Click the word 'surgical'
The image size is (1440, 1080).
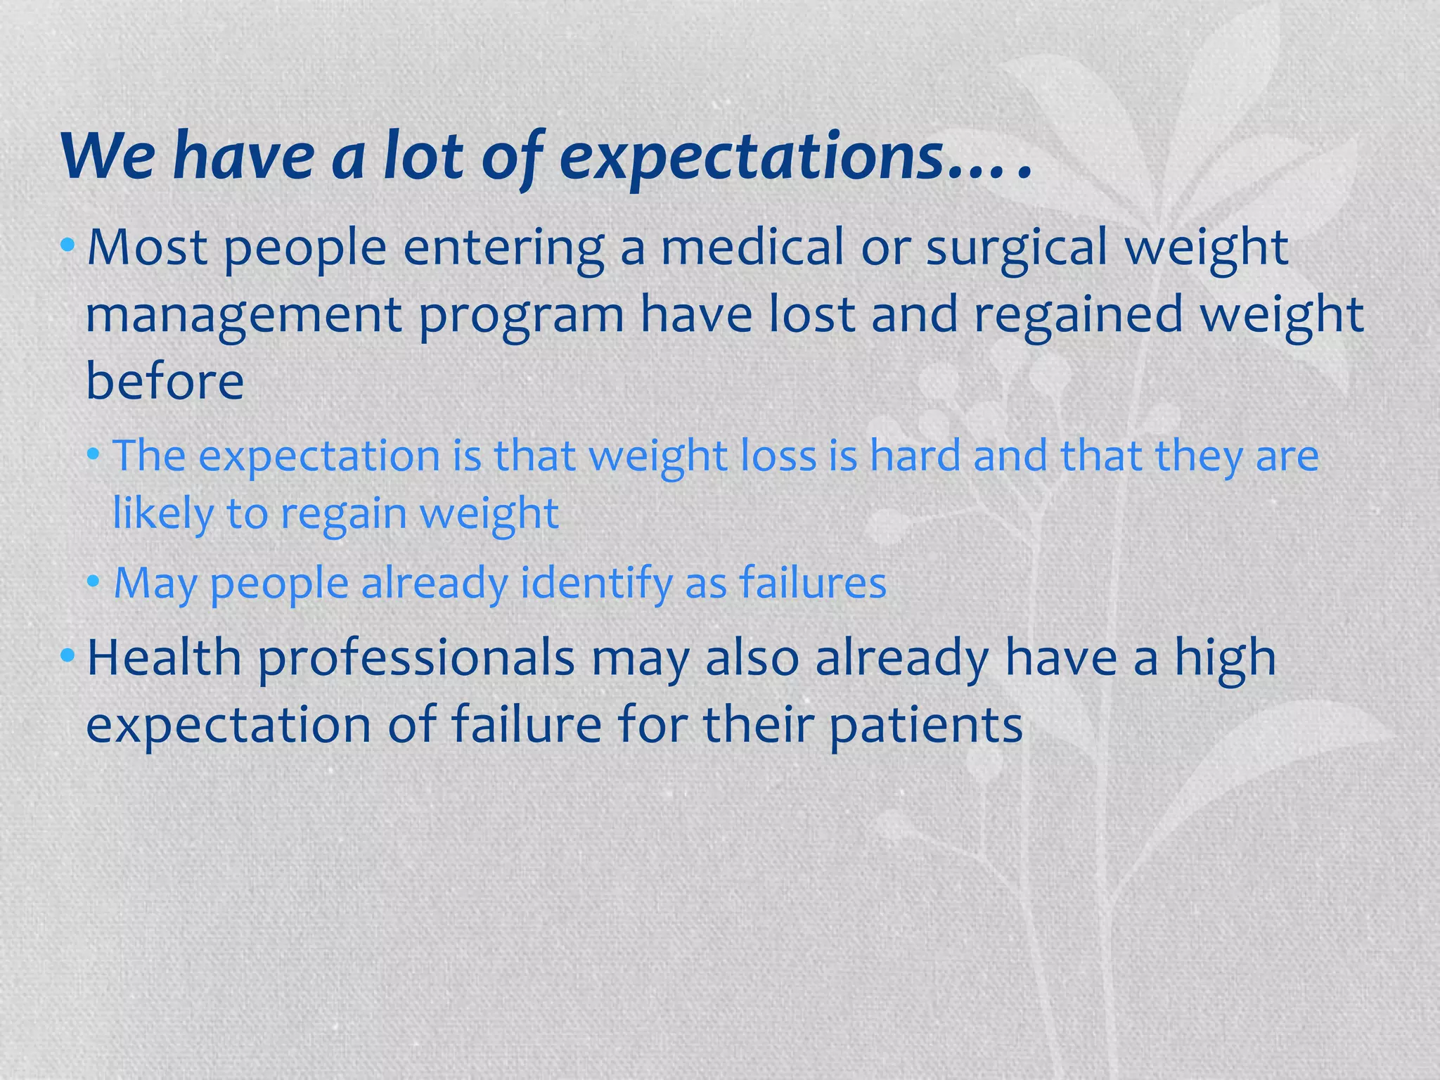(x=1016, y=249)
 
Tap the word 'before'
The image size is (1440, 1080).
(x=165, y=381)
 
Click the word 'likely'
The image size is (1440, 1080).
(x=162, y=513)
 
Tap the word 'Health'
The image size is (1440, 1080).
(x=165, y=658)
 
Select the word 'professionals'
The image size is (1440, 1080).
(x=416, y=660)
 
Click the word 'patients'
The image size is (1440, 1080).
(x=925, y=726)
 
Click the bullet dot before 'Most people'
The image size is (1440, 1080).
(x=67, y=245)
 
